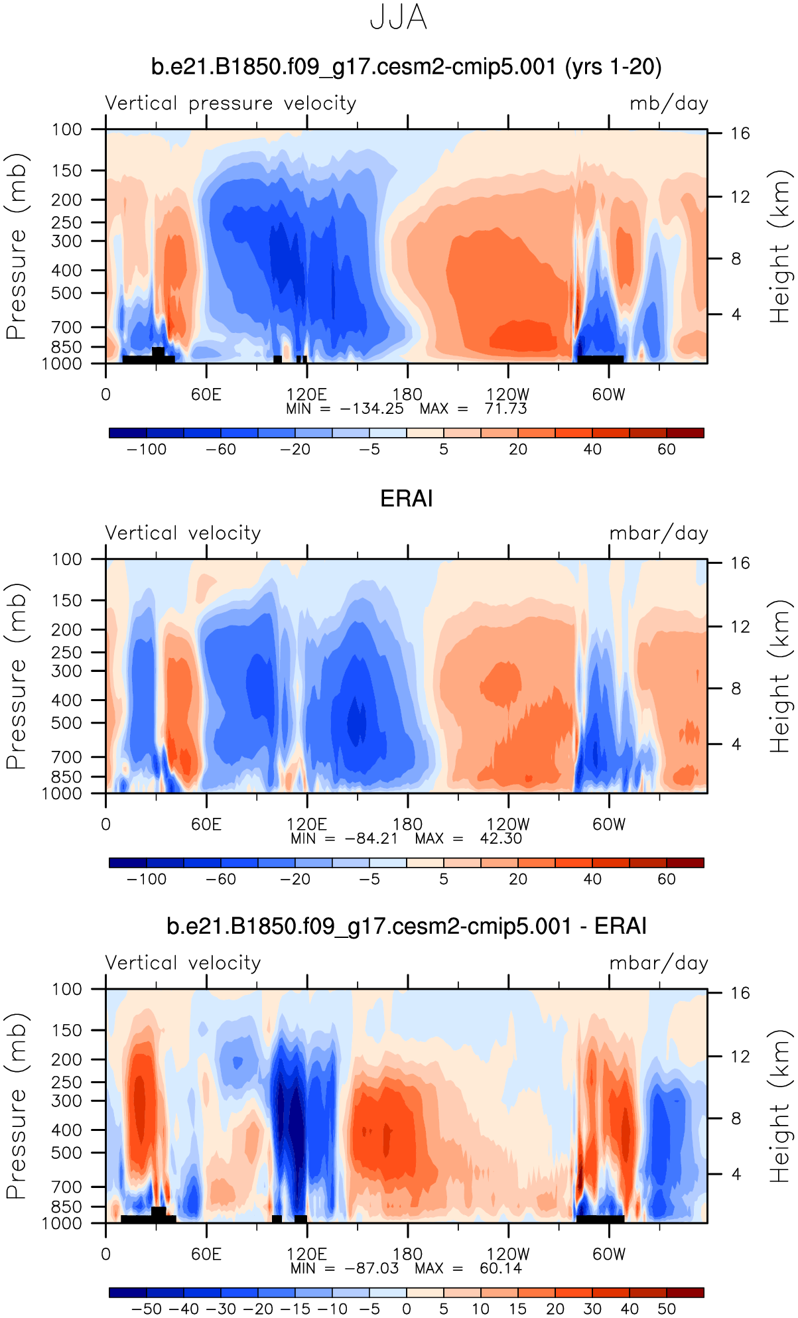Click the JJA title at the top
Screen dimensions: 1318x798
tap(398, 18)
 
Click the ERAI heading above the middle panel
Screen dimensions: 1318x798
tap(406, 499)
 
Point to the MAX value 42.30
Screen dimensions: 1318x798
tap(501, 838)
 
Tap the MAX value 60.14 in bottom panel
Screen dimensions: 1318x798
tap(501, 1268)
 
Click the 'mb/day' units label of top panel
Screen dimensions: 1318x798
tap(669, 103)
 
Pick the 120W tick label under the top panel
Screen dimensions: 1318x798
tap(508, 395)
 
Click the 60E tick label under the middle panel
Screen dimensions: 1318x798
tap(206, 824)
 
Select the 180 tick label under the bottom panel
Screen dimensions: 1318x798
tap(407, 1254)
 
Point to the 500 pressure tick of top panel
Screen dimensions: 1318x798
tap(70, 293)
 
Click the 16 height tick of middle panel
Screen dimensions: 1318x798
tap(740, 563)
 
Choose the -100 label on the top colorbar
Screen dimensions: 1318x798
tap(147, 449)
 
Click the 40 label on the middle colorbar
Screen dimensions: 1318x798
tap(592, 879)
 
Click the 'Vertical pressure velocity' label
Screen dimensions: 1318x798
tap(231, 103)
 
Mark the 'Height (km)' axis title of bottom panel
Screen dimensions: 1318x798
tap(780, 1106)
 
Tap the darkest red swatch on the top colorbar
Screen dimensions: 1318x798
tap(685, 433)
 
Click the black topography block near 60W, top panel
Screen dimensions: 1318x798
tap(600, 359)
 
